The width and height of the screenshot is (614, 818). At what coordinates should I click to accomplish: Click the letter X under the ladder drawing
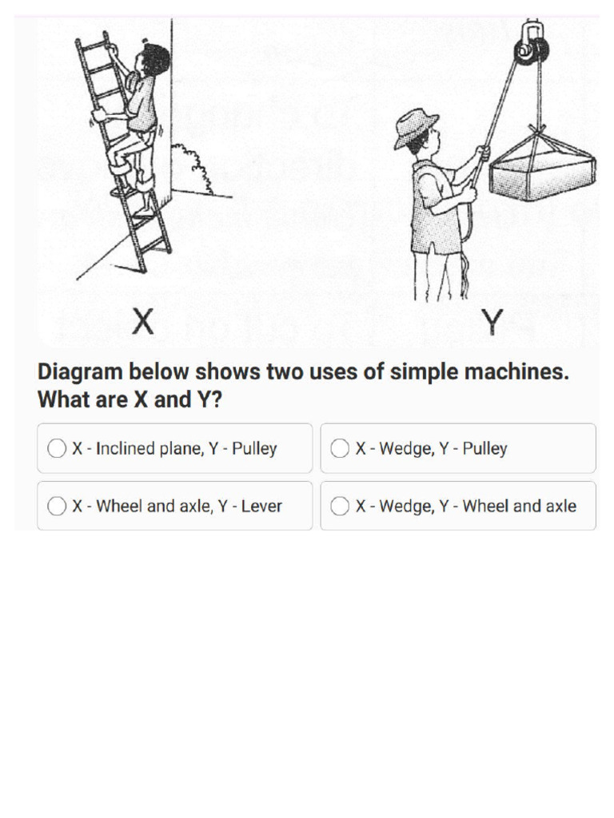[142, 322]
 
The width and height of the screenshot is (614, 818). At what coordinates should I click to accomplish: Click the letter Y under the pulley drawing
[493, 322]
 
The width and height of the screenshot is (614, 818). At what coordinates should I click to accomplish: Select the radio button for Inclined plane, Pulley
[57, 449]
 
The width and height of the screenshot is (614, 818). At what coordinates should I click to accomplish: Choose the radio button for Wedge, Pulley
[340, 449]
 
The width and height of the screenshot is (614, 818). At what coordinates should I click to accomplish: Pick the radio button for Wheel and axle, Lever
[57, 506]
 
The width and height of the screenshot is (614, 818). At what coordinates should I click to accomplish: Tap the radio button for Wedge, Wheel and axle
[340, 506]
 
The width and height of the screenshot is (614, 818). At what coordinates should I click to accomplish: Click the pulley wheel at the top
[532, 50]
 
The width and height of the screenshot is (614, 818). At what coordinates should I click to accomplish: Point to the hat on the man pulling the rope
[415, 126]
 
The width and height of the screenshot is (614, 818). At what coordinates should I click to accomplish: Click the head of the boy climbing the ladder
[152, 60]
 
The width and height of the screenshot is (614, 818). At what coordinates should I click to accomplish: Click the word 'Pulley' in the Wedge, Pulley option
[484, 449]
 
